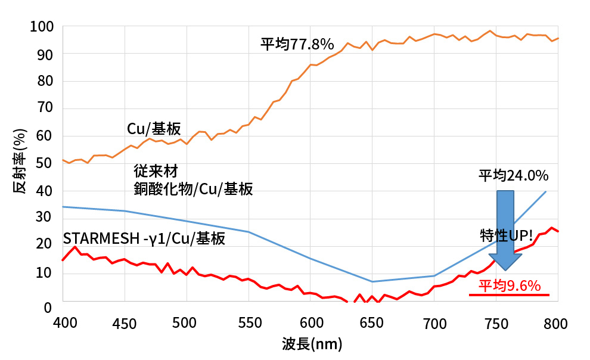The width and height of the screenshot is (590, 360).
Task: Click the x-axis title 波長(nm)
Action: (312, 344)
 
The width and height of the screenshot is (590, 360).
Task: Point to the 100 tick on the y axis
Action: (46, 27)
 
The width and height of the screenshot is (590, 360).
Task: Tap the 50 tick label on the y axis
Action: (46, 164)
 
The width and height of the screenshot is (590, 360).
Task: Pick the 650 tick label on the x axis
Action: (372, 323)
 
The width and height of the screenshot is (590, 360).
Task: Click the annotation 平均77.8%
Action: (296, 44)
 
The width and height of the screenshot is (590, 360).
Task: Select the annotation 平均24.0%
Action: (513, 176)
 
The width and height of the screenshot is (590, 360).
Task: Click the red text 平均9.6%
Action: (510, 286)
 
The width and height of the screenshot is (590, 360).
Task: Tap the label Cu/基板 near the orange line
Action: (154, 129)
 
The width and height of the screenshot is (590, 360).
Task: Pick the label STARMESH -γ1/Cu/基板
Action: (144, 239)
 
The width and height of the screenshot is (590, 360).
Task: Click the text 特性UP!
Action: (505, 234)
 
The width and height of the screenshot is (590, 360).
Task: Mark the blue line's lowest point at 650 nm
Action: (372, 281)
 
